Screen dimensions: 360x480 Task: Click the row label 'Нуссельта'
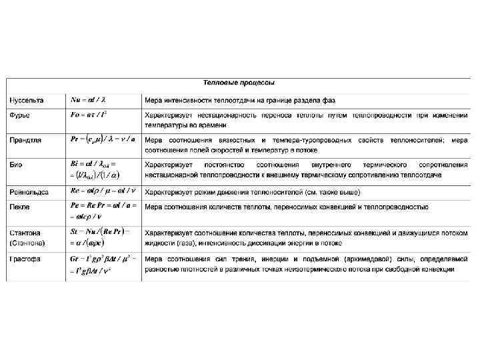[27, 100]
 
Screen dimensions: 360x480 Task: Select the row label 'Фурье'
[19, 116]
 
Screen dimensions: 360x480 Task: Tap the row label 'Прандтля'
[25, 140]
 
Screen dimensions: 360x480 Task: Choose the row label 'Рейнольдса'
[29, 192]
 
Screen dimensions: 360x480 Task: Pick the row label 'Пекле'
[19, 208]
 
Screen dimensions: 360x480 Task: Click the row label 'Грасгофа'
[25, 259]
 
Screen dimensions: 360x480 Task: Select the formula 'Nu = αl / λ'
[88, 100]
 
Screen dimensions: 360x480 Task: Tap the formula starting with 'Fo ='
[88, 115]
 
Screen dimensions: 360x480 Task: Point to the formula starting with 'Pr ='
[103, 139]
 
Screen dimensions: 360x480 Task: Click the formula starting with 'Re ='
[103, 191]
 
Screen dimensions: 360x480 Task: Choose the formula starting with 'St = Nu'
[100, 231]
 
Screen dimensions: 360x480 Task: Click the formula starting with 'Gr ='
[103, 258]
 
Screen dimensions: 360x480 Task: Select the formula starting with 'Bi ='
[94, 163]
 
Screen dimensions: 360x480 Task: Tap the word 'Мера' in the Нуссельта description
[154, 100]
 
